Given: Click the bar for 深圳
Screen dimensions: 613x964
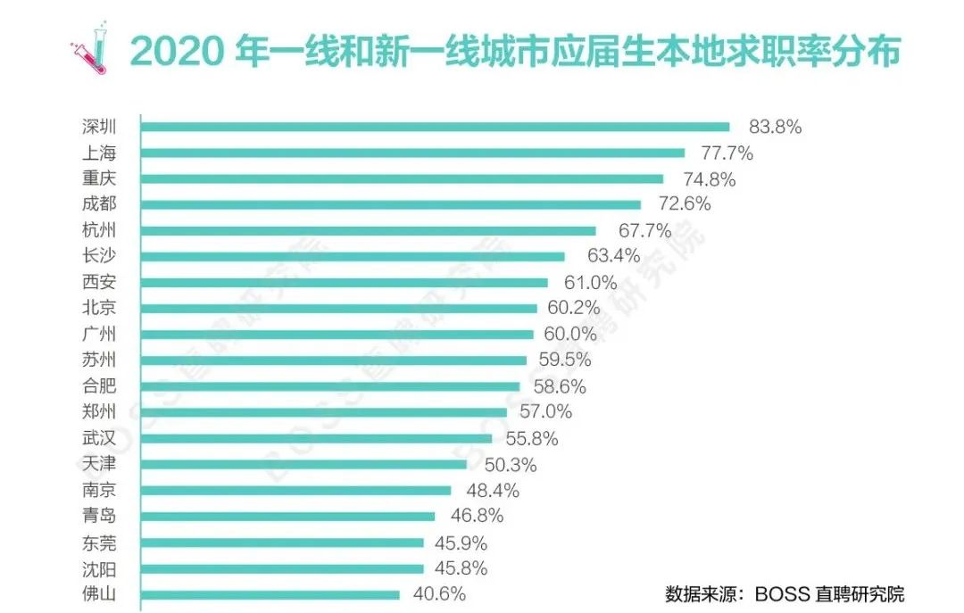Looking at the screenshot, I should point(436,127).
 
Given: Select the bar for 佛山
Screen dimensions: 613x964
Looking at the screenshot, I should point(270,594).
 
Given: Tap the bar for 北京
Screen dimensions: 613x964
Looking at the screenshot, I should point(339,308).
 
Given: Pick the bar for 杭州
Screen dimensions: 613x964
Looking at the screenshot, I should point(369,230).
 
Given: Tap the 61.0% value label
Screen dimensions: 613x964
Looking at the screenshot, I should point(587,282).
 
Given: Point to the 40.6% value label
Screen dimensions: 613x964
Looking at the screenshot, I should point(438,594).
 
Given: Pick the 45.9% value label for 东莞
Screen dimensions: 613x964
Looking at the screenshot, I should point(463,542).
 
